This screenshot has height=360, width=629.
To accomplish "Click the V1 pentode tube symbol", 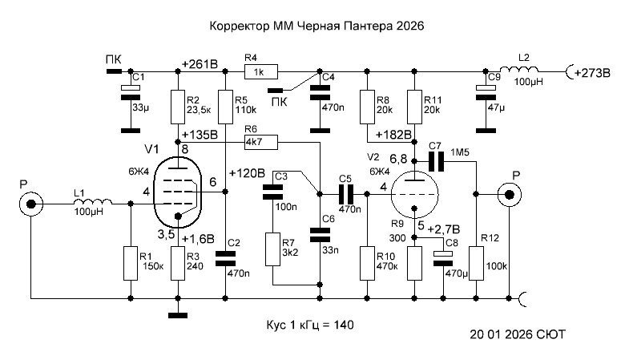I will tap(177, 191).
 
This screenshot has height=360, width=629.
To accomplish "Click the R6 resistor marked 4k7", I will tap(260, 142).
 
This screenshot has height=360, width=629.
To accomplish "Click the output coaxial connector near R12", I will tap(510, 193).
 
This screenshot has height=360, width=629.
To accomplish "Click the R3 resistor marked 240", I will tap(176, 263).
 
